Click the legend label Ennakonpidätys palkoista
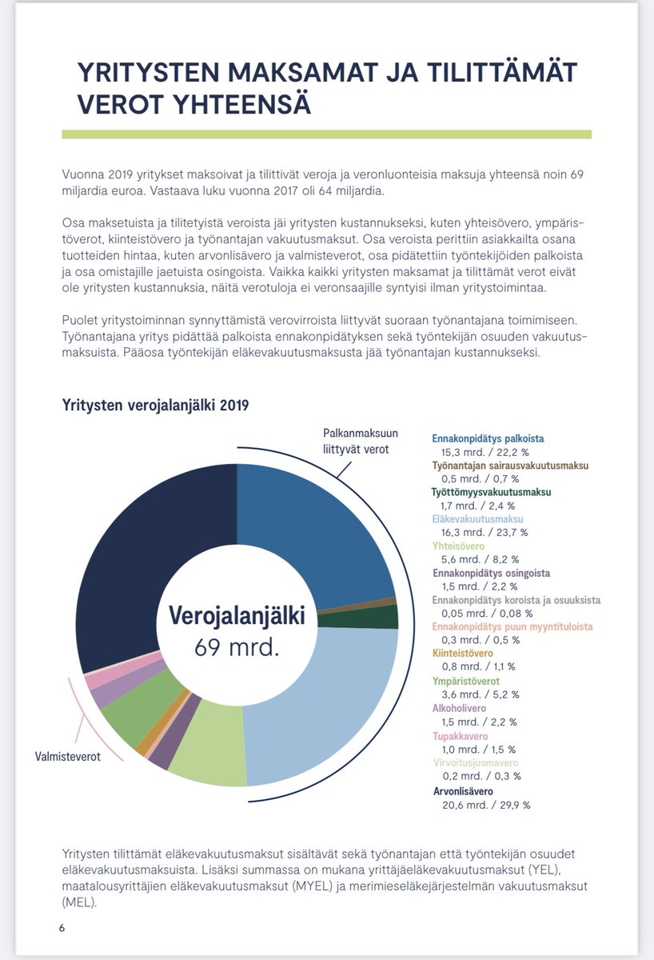pos(488,438)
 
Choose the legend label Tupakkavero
pos(460,736)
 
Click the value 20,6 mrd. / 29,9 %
pos(486,805)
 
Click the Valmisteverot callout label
pos(68,756)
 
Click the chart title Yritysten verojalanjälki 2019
pos(156,406)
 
